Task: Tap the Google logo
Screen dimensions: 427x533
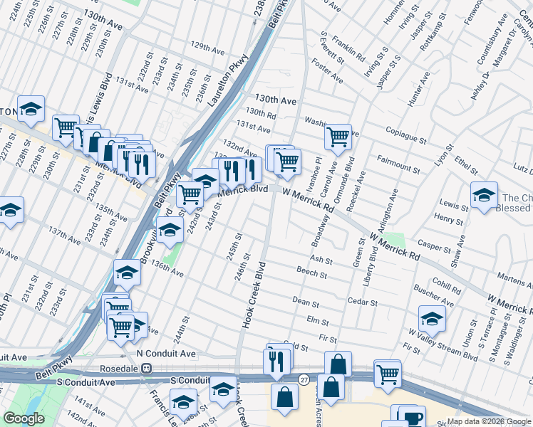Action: [24, 418]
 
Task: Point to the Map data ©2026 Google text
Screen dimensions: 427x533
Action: [488, 421]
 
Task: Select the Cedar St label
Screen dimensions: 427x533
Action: [362, 302]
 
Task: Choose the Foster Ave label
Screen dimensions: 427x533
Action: [327, 70]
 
